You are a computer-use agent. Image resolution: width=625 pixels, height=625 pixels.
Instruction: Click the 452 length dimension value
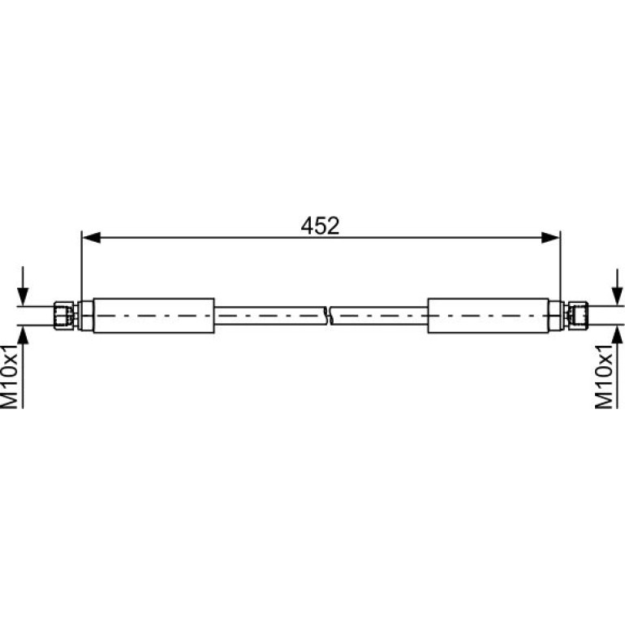point(320,226)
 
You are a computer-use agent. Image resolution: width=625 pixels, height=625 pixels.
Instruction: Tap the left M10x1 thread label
point(10,377)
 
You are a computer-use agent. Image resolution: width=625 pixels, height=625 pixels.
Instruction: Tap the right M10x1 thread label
point(603,377)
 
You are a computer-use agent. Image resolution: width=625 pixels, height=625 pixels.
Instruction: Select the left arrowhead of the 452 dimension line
point(91,238)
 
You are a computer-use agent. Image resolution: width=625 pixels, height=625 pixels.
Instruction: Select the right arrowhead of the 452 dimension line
point(551,238)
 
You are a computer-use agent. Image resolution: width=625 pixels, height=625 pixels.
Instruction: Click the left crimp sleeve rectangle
point(154,315)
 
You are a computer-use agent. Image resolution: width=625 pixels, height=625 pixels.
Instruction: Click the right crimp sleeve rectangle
point(489,315)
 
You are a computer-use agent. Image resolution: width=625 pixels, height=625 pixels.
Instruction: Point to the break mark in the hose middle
point(329,315)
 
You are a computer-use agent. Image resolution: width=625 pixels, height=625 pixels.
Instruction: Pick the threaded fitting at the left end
point(64,315)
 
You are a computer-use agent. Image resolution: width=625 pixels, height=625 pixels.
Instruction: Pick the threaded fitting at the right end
point(578,315)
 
